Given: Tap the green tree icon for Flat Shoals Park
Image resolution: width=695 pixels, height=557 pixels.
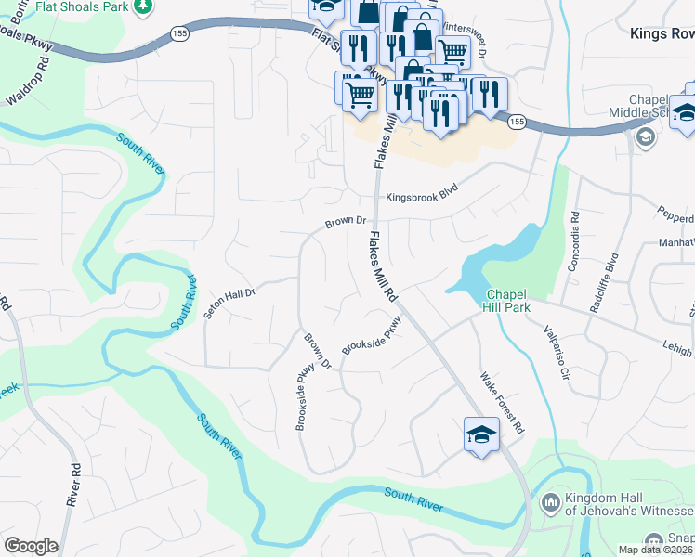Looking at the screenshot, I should pos(142,7).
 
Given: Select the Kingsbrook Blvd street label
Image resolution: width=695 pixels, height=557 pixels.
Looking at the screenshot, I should pos(423,197).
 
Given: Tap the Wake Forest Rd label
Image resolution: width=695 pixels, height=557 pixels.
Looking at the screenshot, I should pos(502,403).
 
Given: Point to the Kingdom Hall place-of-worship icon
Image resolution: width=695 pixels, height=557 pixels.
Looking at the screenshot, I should pos(548,502).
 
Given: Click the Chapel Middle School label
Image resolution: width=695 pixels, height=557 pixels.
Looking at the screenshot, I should pos(650,106).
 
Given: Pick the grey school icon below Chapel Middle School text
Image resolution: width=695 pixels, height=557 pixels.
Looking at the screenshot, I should pos(643,137).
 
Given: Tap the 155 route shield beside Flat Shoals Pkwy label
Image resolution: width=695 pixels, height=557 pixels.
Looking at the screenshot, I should pos(179,33).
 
